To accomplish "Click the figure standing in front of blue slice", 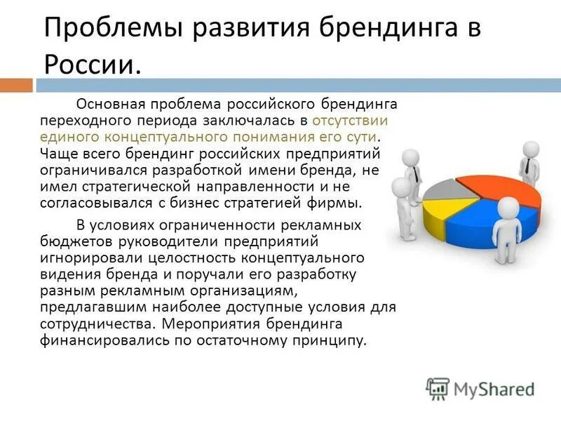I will pos(506,232).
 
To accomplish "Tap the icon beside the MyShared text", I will pos(438,388).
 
